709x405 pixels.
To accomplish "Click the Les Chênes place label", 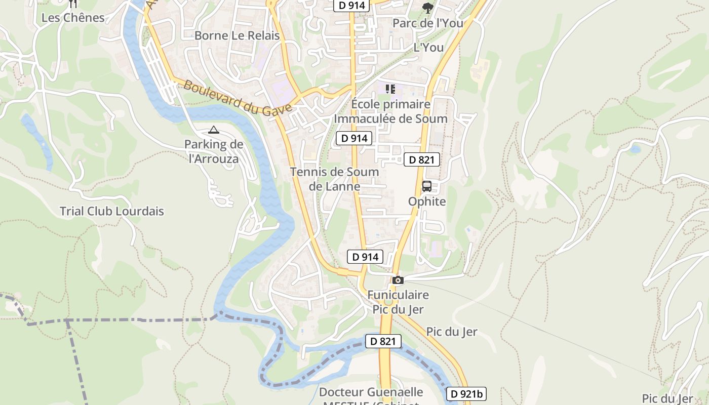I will [x=73, y=18].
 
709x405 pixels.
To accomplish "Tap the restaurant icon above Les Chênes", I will [x=73, y=4].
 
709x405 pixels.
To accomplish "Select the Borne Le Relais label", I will [x=237, y=35].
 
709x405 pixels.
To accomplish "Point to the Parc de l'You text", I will [x=428, y=23].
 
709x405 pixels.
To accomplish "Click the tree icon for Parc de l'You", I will [x=428, y=8].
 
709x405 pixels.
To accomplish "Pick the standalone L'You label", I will [x=428, y=48].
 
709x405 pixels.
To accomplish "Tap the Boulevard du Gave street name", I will [x=238, y=97].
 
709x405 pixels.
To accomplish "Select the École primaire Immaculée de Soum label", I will [x=390, y=111].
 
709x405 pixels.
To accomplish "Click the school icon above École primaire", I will [x=390, y=89].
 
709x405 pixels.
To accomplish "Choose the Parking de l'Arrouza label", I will [x=213, y=151].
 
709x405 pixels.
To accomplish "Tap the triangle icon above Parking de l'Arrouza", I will [x=214, y=130].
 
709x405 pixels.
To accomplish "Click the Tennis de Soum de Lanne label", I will [x=334, y=179].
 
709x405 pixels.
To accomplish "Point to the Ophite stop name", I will [x=427, y=201].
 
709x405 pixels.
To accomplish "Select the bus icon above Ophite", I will [x=427, y=186].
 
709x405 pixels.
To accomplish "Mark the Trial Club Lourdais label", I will [x=112, y=211].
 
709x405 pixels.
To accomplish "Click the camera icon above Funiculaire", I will [x=398, y=280].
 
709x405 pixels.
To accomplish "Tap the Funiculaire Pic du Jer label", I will [x=398, y=302].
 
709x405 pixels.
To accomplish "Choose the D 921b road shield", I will [x=466, y=393].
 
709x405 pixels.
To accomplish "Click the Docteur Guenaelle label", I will [x=371, y=392].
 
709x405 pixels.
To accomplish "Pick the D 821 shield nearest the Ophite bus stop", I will [x=421, y=159].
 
